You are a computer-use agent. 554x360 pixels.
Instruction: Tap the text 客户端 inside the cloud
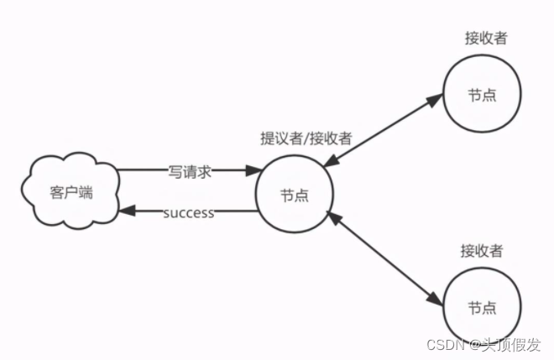coord(71,192)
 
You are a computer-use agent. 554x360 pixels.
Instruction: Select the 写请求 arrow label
coord(189,172)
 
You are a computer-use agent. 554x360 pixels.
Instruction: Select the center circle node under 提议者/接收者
coord(294,195)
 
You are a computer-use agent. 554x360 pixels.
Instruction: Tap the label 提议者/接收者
coord(306,138)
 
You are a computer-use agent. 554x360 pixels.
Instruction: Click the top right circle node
coord(482,94)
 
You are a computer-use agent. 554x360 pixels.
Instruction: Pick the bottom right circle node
coord(482,306)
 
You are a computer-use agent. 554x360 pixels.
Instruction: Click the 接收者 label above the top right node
coord(484,38)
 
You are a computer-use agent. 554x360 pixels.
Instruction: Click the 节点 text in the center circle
coord(294,196)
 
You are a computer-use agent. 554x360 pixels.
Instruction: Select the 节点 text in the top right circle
coord(482,94)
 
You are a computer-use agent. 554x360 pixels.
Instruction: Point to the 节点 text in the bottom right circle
coord(482,306)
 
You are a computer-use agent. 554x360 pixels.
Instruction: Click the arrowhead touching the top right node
coord(435,100)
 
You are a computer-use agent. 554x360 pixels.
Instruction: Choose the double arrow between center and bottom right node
coord(382,257)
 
